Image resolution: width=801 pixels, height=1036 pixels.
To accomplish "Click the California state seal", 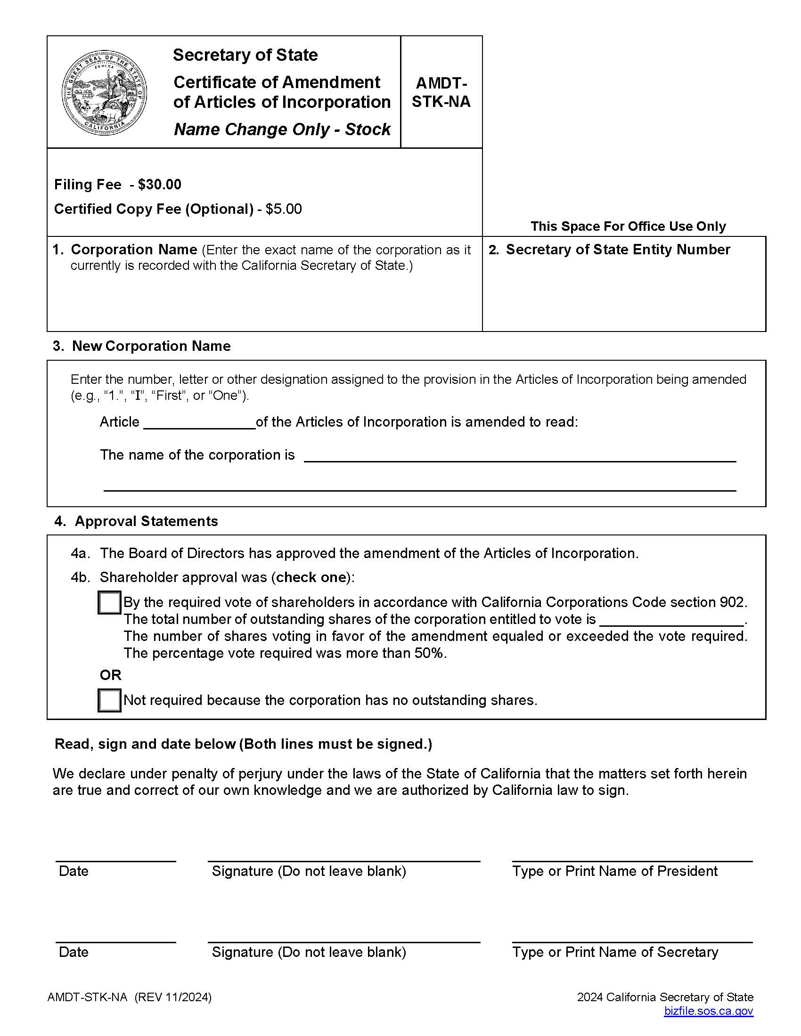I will (104, 92).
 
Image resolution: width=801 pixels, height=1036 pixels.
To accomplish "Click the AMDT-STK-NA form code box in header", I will (441, 92).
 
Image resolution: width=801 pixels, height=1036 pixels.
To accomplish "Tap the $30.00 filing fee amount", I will (159, 185).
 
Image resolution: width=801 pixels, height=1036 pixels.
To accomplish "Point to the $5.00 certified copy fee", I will (283, 209).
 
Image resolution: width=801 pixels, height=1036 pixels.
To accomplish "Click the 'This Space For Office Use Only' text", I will (628, 226).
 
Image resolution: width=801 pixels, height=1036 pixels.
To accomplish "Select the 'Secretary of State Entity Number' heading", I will (617, 250).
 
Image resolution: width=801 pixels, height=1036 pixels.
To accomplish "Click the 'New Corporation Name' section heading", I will (151, 346).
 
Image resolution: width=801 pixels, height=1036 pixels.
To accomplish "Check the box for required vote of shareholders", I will (109, 602).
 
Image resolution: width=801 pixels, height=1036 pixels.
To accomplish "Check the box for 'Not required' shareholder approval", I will (109, 700).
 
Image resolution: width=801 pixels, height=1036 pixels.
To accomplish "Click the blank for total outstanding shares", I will (671, 620).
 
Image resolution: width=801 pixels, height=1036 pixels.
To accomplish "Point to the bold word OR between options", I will (111, 675).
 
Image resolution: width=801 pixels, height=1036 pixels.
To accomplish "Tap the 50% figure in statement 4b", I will (429, 653).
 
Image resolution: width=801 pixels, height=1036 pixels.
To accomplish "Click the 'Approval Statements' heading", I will (146, 521).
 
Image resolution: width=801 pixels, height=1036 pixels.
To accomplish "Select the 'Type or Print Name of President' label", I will (614, 871).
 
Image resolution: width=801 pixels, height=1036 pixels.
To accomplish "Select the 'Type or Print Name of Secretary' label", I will (615, 952).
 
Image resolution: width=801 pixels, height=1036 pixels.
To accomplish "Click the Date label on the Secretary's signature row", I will (74, 952).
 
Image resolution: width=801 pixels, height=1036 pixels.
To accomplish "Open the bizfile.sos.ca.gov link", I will (708, 1011).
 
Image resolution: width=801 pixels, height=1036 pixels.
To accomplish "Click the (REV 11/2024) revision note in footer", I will (173, 997).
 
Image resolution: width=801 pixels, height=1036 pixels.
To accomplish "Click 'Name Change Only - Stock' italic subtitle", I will (282, 129).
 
